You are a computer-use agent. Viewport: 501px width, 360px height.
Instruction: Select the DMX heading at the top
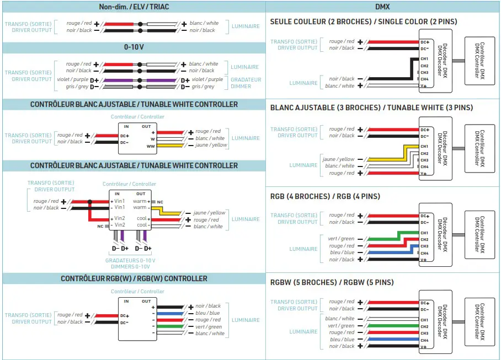point(382,7)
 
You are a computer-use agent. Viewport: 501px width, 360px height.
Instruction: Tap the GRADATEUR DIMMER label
point(246,83)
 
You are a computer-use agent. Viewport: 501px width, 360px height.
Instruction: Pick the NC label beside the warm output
point(160,202)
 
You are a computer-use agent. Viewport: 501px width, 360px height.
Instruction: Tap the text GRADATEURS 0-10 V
point(130,260)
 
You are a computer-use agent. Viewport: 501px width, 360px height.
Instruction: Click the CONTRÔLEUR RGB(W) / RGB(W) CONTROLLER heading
point(134,279)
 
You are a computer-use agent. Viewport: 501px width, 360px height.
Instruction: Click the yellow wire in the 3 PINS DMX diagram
point(386,159)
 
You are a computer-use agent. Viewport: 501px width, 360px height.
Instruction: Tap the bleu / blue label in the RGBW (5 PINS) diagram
point(342,340)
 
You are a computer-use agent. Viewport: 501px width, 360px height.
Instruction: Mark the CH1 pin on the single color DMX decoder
point(424,59)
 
